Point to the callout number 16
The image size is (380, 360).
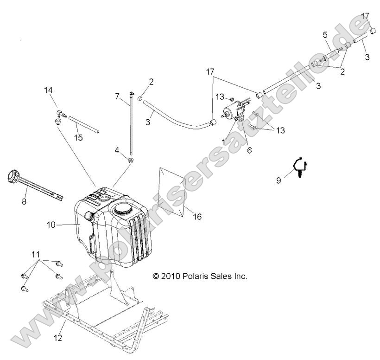click(x=198, y=217)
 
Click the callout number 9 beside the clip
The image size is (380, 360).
click(x=278, y=181)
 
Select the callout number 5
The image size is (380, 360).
click(x=325, y=34)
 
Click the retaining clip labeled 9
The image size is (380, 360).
click(x=299, y=167)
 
